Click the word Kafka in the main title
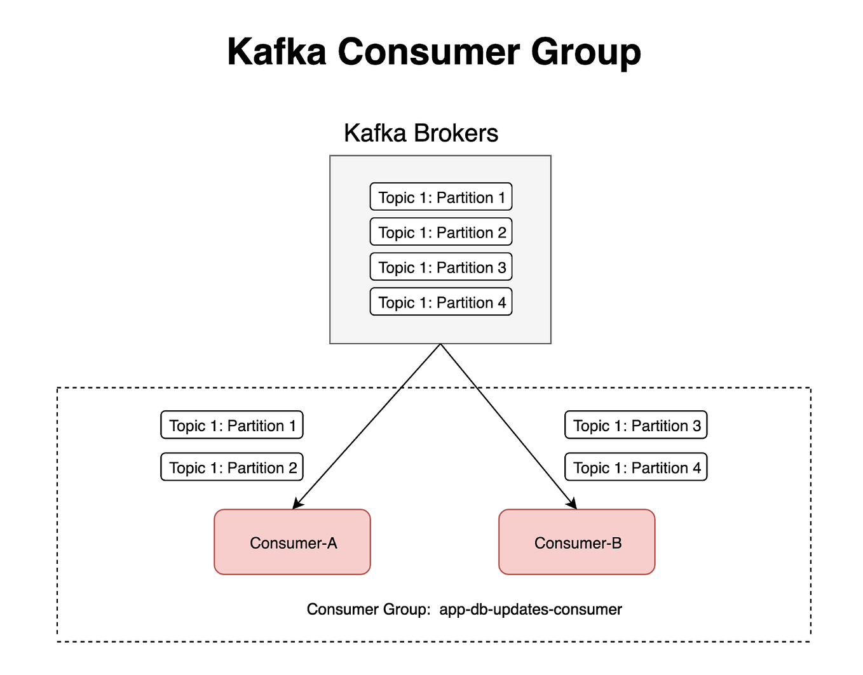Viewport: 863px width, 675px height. [276, 51]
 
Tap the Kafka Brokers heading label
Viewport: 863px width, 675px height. [421, 133]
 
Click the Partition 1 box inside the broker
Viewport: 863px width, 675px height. [441, 197]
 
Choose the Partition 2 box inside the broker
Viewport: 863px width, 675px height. [441, 232]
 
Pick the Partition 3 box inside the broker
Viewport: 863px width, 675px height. [441, 267]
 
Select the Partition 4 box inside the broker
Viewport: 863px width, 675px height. [441, 302]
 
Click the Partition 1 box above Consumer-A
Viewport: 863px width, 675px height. [232, 425]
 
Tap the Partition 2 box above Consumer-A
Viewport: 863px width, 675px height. [232, 467]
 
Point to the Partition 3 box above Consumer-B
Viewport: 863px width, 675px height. [636, 425]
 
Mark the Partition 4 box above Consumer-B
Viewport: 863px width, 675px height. [636, 467]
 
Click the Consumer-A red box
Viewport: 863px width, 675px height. [292, 542]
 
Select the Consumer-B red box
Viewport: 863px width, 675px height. [577, 542]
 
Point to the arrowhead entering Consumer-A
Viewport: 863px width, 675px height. [296, 505]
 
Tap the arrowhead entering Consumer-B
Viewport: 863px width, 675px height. [573, 505]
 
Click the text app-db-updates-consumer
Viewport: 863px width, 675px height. [531, 610]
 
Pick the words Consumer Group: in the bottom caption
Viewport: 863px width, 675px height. [369, 610]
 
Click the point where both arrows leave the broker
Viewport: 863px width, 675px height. [440, 344]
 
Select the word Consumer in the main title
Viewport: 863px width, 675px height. [429, 51]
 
